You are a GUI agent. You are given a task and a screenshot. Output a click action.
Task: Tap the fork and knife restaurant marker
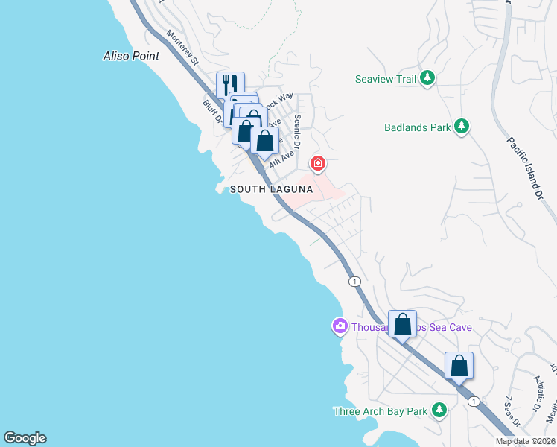tap(230, 83)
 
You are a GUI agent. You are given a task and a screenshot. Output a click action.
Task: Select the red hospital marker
tap(317, 163)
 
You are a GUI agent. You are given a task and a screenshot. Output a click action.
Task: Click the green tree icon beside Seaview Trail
tap(427, 78)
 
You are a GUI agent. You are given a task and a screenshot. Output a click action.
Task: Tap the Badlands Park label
tap(418, 127)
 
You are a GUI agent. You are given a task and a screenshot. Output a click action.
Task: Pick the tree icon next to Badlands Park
tap(462, 127)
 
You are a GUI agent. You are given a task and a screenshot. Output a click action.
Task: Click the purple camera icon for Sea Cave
tap(340, 326)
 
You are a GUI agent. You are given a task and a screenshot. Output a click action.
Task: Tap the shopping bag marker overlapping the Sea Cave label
tap(402, 324)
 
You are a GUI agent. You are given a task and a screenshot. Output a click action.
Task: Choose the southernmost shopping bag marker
tap(459, 366)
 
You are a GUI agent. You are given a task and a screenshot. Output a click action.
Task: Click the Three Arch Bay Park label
tap(380, 410)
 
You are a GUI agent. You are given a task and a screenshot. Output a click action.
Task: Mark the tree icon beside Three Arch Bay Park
tap(439, 410)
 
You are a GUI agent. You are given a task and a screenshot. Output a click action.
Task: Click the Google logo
tap(25, 438)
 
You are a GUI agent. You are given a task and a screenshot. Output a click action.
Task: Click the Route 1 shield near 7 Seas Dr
tap(474, 401)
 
